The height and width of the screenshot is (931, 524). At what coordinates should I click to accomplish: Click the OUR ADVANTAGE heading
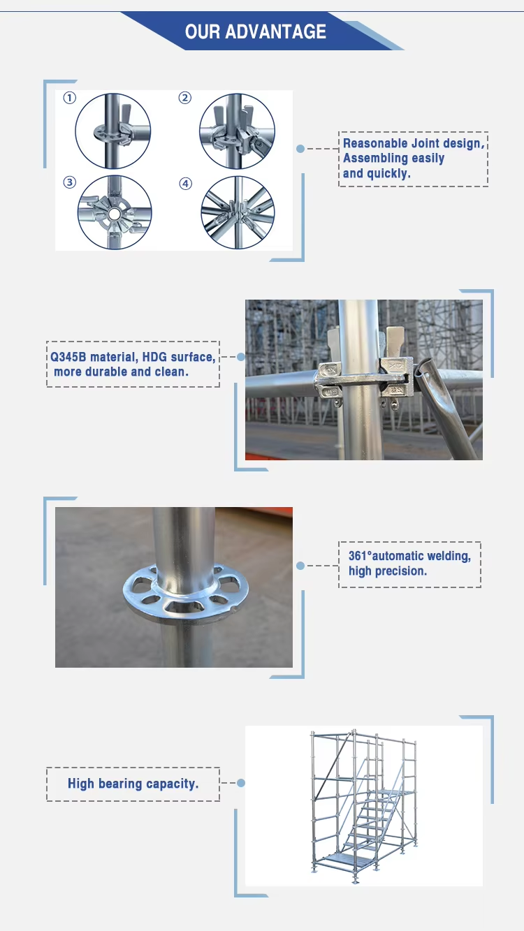pos(256,31)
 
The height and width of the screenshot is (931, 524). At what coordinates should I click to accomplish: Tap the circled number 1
pos(69,98)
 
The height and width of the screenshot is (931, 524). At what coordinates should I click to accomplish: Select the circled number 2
pos(185,98)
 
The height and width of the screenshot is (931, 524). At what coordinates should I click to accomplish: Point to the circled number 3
pos(69,183)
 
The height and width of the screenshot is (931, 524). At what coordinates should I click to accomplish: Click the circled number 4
pos(185,183)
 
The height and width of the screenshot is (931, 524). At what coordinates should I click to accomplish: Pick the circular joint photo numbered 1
pos(113,131)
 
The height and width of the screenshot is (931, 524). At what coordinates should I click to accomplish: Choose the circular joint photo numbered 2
pos(236,131)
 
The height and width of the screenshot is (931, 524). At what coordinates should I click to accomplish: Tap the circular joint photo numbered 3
pos(115,212)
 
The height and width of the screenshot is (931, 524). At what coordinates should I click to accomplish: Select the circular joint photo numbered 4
pos(238,212)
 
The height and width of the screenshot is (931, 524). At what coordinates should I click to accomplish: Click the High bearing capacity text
pos(133,784)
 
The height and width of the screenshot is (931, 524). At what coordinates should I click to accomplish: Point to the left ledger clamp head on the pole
pos(333,380)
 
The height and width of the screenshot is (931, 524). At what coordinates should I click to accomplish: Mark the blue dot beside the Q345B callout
pos(241,356)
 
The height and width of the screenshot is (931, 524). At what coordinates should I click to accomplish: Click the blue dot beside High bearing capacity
pos(241,784)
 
